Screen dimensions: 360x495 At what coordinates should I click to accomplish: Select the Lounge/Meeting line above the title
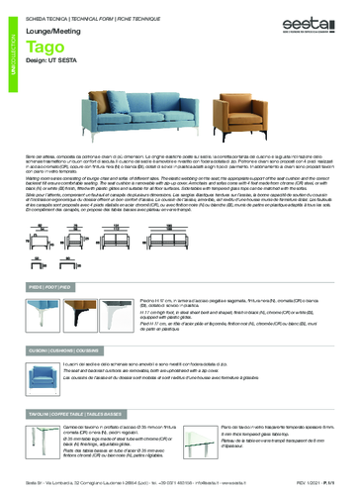(55, 32)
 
